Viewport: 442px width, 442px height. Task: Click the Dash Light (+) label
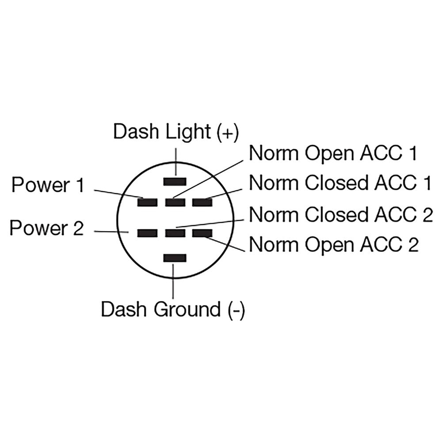(176, 132)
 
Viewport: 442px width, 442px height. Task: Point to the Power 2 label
(46, 229)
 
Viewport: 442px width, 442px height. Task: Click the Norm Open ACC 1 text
(333, 154)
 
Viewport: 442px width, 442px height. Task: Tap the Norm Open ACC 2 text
(334, 244)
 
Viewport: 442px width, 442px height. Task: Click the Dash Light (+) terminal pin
(175, 181)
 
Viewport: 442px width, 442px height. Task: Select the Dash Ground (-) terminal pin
(175, 258)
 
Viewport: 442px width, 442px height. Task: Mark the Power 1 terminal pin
(147, 202)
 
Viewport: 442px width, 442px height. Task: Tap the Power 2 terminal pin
(147, 232)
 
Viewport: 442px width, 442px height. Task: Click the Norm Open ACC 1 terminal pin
(175, 202)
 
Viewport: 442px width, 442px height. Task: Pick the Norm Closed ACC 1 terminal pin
(202, 202)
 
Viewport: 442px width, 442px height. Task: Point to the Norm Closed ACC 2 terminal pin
(175, 232)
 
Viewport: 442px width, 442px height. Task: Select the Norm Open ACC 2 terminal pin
(202, 232)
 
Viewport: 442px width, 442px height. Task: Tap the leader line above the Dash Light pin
(175, 161)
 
